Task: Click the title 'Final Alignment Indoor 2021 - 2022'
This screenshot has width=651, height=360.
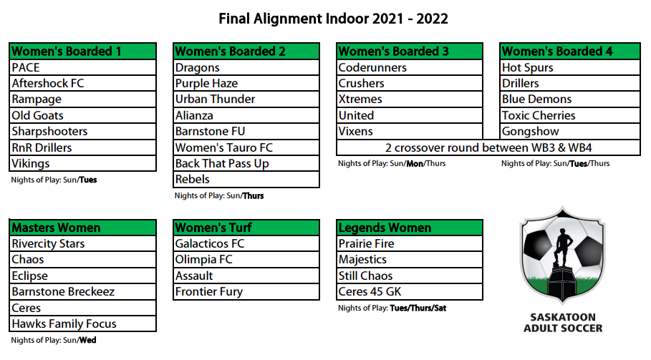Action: point(334,19)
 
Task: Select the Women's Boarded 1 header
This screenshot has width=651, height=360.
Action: point(82,51)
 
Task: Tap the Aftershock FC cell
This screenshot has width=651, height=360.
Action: point(82,83)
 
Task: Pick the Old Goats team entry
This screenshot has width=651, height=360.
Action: point(82,115)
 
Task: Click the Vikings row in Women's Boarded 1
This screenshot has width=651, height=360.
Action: point(82,163)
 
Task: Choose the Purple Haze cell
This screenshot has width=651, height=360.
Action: point(246,83)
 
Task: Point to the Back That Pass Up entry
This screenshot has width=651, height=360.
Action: point(246,163)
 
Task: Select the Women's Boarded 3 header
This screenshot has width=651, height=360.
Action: point(410,51)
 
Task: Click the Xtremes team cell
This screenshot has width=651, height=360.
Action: point(410,99)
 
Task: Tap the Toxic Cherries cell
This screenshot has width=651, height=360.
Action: point(570,115)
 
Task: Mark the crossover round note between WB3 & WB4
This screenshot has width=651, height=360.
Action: point(488,147)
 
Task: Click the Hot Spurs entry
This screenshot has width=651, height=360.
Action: point(570,67)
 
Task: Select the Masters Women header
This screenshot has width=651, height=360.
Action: point(82,228)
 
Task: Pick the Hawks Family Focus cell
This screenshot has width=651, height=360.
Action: point(82,323)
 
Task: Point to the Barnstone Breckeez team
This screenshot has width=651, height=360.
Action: point(82,291)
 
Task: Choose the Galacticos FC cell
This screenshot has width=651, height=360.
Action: point(246,243)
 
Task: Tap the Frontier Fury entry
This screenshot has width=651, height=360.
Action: point(246,291)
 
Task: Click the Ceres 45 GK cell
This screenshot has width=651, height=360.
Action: point(410,291)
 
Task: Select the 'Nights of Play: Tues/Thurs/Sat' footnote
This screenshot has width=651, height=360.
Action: point(392,308)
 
